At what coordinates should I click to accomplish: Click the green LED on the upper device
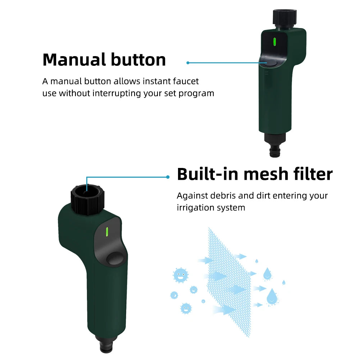coord(274,42)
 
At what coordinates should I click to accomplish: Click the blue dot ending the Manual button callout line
coord(188,63)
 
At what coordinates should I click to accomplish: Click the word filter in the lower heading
coord(313,174)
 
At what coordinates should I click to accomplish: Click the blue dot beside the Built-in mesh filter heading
coord(168,177)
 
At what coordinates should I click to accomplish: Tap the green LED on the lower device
coord(107,232)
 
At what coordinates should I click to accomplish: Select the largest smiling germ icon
coord(181,275)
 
